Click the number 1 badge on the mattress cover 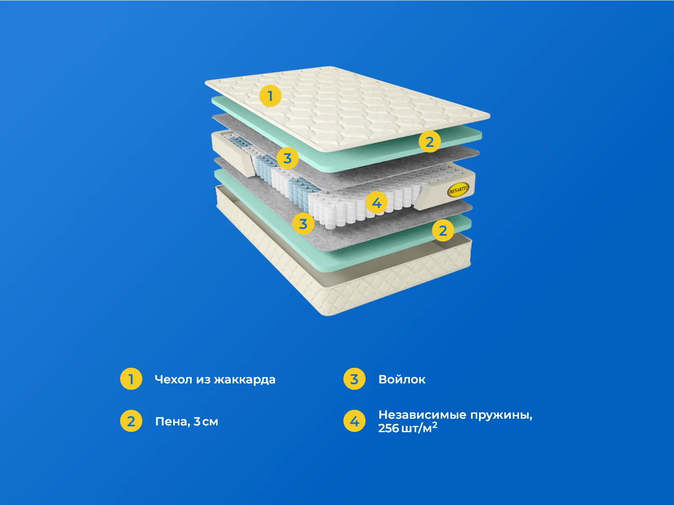[x=270, y=96]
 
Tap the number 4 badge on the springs [x=377, y=203]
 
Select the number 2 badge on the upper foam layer [x=430, y=142]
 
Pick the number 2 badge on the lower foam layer [x=443, y=230]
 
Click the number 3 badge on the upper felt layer [x=287, y=158]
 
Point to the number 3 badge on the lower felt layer [x=303, y=223]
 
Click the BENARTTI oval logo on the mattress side [x=458, y=190]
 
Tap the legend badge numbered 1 [x=131, y=379]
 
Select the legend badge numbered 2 [x=131, y=421]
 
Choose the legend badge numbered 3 [x=354, y=379]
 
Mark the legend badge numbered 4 [x=354, y=421]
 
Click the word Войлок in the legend [x=402, y=380]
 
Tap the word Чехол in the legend [x=174, y=380]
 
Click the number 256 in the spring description [x=388, y=428]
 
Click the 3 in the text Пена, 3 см [x=197, y=422]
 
